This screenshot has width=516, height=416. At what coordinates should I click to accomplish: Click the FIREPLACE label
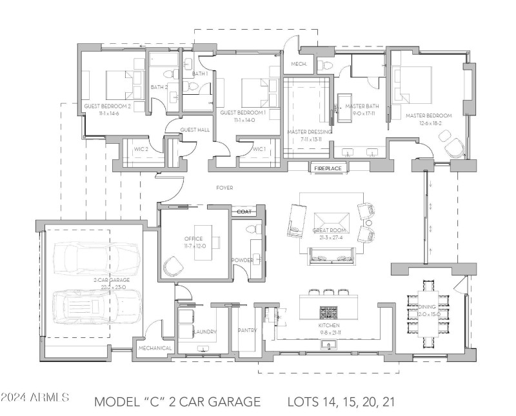[x=328, y=168]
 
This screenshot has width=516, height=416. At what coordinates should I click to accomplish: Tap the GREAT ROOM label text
[x=330, y=230]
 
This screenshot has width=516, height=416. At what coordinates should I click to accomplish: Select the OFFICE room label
[x=193, y=239]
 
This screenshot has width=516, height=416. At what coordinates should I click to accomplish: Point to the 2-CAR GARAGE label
[x=111, y=281]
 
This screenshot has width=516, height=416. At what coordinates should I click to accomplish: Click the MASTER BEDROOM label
[x=429, y=115]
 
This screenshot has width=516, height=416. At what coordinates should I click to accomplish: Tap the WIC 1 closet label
[x=259, y=149]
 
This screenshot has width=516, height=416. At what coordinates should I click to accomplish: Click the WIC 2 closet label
[x=141, y=149]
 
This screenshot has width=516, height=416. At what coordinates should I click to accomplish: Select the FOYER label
[x=224, y=188]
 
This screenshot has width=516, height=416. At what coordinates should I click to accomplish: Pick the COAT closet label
[x=244, y=211]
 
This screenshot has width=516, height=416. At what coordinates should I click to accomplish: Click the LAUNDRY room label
[x=204, y=332]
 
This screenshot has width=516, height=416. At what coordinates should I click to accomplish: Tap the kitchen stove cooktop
[x=328, y=312]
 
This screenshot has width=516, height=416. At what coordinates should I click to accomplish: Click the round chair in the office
[x=174, y=265]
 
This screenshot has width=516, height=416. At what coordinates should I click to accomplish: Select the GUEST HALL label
[x=195, y=130]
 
